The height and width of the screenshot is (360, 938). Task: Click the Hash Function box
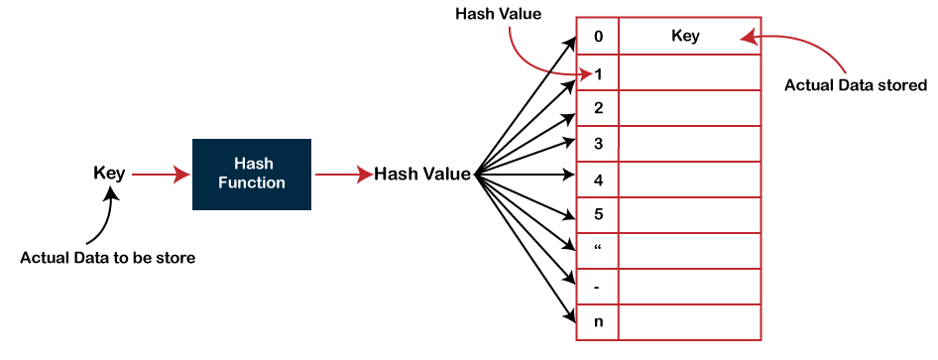tap(251, 174)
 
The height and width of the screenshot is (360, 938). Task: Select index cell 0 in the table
tap(598, 37)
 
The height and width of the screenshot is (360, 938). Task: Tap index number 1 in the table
tap(599, 73)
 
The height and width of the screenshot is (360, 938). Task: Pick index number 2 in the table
tap(598, 107)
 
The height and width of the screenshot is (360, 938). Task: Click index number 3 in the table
tap(598, 144)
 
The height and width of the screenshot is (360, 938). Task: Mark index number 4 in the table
tap(598, 180)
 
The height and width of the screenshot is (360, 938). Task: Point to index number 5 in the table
tap(598, 214)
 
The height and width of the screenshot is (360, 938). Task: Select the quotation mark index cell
tap(598, 250)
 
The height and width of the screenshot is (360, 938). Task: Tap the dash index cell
tap(598, 286)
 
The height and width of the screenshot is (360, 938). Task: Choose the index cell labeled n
tap(598, 321)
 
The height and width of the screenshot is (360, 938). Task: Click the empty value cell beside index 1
tap(689, 72)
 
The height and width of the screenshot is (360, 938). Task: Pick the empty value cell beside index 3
tap(689, 144)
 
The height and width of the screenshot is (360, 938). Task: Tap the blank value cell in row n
tap(689, 321)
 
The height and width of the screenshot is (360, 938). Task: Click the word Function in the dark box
tap(251, 182)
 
